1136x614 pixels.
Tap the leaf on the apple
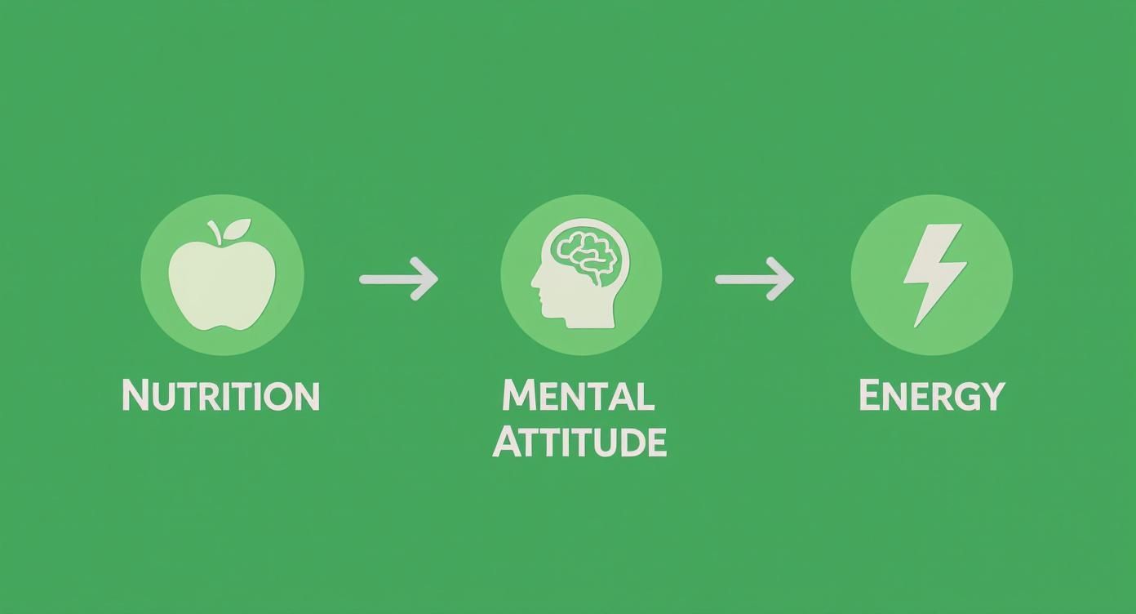[237, 229]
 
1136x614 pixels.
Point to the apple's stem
[215, 232]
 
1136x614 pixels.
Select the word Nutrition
[221, 395]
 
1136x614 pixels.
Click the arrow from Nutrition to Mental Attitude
[398, 278]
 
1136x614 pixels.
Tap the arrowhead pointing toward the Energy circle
[781, 278]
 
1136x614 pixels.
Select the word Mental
[578, 395]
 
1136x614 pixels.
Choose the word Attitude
[579, 442]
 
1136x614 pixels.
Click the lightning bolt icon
[934, 274]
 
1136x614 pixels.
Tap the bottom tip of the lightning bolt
[915, 327]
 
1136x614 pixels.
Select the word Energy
[932, 396]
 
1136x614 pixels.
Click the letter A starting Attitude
[508, 442]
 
